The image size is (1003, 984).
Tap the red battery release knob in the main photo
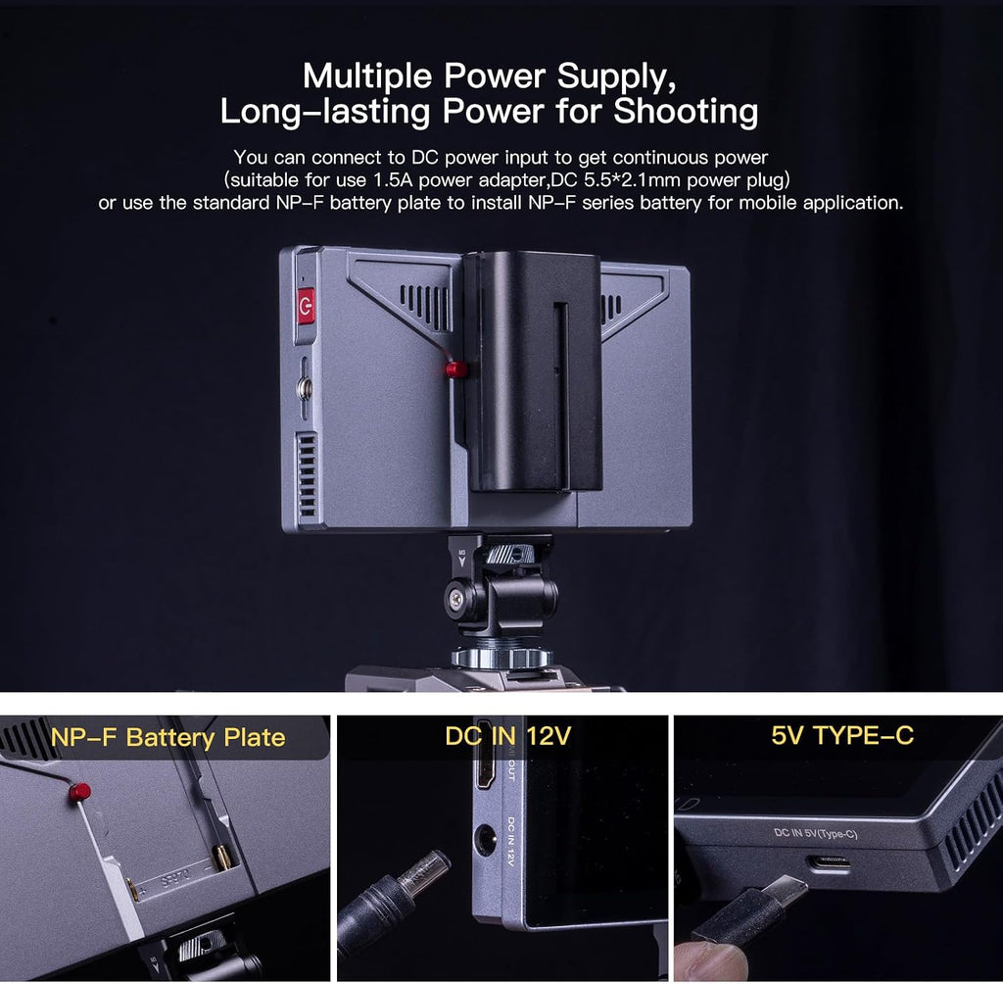(456, 369)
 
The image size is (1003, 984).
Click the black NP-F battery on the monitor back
(532, 371)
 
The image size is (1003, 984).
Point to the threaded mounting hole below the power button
(306, 387)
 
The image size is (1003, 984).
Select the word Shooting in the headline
(686, 112)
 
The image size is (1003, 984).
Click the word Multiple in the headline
(367, 76)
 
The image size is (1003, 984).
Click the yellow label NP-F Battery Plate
(167, 738)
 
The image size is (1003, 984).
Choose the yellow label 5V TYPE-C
(842, 736)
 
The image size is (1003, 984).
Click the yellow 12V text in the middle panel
(549, 736)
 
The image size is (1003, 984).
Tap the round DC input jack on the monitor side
(484, 840)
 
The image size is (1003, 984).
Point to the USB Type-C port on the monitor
(831, 863)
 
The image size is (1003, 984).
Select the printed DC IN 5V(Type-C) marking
(816, 833)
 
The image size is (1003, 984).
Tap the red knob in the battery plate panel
(79, 792)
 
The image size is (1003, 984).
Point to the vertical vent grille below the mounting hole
(307, 474)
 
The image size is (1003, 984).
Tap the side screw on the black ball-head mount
(456, 598)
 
